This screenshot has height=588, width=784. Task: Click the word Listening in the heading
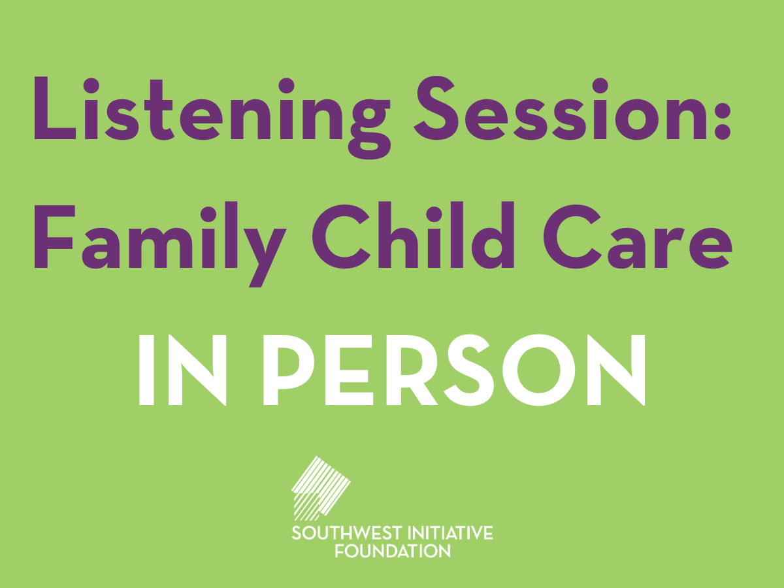click(x=212, y=117)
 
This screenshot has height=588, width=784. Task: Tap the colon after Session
click(x=723, y=121)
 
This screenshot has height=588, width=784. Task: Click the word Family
click(x=160, y=244)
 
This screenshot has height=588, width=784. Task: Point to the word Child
click(x=413, y=235)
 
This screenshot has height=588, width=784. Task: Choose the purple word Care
click(x=638, y=237)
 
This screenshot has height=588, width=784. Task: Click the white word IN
click(x=182, y=370)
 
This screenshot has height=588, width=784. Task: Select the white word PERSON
click(x=454, y=370)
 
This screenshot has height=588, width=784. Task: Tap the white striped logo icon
click(x=321, y=489)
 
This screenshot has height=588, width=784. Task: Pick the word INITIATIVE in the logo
click(x=450, y=533)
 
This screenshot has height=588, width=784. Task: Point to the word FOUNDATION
click(x=392, y=551)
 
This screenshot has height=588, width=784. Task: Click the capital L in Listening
click(x=55, y=108)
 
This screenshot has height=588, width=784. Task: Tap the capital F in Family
click(x=54, y=237)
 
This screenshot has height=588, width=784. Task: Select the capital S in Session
click(x=436, y=108)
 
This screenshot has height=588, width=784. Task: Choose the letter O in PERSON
click(x=539, y=370)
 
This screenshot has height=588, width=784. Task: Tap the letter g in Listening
click(x=369, y=129)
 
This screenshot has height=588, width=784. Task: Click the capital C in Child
click(x=341, y=237)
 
